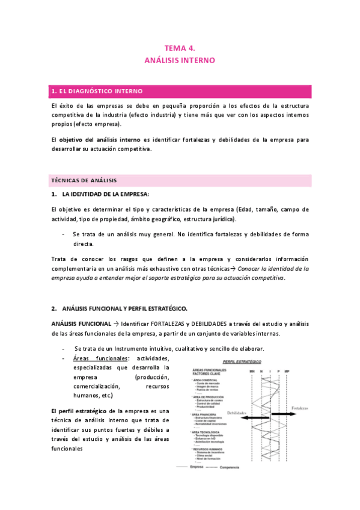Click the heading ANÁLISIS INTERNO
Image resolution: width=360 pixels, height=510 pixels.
click(x=180, y=61)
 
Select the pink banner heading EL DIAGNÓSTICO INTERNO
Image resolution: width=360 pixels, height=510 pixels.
click(x=97, y=91)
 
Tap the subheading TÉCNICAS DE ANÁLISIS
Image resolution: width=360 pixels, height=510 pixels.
click(x=84, y=180)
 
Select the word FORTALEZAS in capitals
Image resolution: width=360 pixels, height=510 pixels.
click(x=171, y=324)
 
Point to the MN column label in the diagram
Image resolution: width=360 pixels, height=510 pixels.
click(x=252, y=372)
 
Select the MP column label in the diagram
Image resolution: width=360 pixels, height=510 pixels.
click(x=287, y=372)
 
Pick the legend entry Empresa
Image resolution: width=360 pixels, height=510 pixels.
click(x=197, y=467)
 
